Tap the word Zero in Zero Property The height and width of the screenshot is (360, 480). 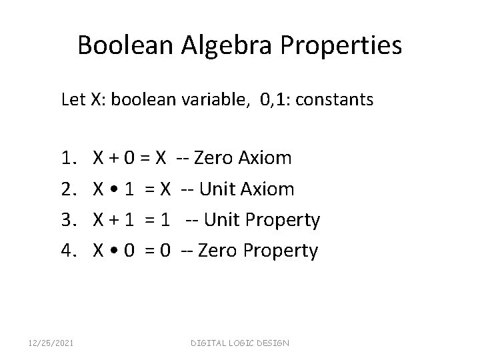[x=211, y=251]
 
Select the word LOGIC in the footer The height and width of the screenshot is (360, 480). [x=240, y=343]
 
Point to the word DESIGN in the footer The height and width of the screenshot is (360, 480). [x=272, y=343]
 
